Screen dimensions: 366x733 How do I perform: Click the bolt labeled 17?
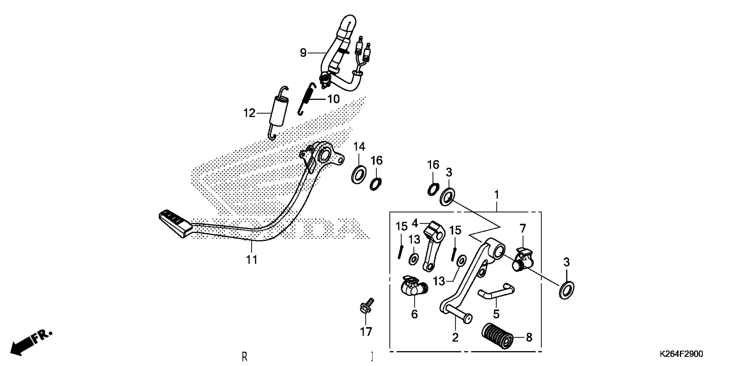click(365, 307)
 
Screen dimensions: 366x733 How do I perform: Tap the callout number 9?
click(303, 53)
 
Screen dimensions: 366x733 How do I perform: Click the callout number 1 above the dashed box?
click(496, 195)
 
